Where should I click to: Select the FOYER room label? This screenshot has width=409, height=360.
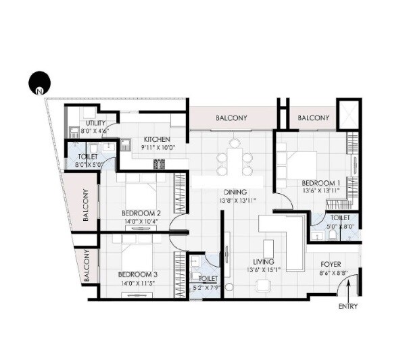click(329, 265)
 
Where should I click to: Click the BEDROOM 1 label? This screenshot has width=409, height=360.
click(320, 182)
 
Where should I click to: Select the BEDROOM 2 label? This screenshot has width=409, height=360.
click(141, 213)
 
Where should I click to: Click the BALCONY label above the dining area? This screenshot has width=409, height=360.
click(231, 118)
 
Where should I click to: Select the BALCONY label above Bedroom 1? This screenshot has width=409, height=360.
click(313, 118)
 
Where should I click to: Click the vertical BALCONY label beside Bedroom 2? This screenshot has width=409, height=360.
click(87, 205)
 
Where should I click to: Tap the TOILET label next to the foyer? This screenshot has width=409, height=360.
click(340, 218)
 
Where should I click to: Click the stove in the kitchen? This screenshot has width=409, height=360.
click(160, 163)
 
